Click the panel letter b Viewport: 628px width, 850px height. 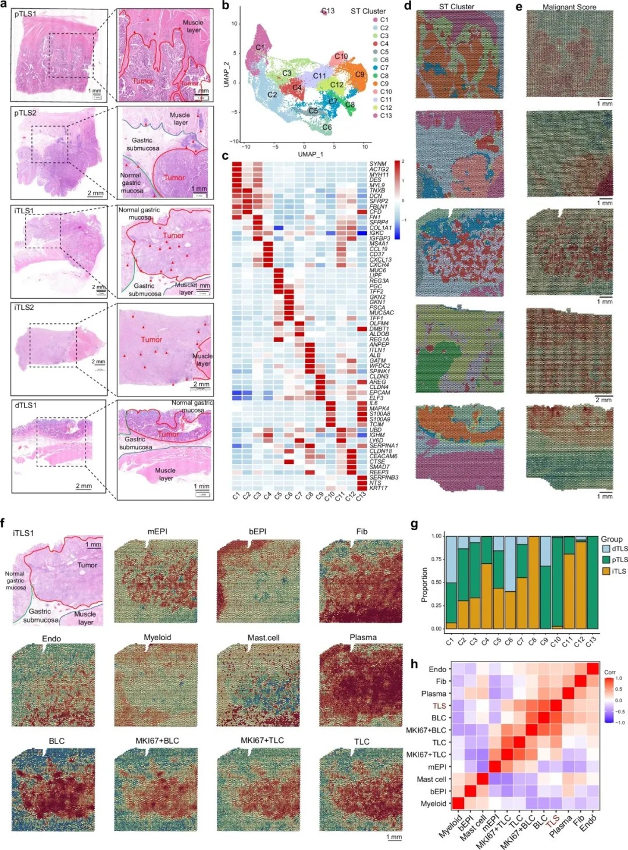click(x=226, y=6)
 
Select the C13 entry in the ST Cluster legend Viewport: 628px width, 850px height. click(x=386, y=116)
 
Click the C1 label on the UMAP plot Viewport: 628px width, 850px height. click(x=260, y=47)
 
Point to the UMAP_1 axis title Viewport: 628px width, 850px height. click(x=310, y=154)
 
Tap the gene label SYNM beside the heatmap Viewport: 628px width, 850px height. click(x=378, y=164)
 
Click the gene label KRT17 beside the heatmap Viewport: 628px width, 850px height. click(x=379, y=488)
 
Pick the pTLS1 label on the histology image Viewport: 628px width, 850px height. click(x=26, y=13)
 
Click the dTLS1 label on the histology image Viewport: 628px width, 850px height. click(x=26, y=405)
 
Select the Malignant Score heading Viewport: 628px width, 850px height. click(x=569, y=7)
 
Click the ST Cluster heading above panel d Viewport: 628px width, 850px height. click(x=456, y=7)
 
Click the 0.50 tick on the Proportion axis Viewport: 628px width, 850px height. click(x=436, y=582)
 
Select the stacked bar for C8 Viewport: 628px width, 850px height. click(x=533, y=582)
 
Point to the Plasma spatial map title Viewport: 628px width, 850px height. click(x=363, y=637)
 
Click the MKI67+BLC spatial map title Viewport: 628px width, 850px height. click(x=157, y=741)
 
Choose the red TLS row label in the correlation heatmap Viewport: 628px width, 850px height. click(x=439, y=706)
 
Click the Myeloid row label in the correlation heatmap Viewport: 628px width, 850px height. click(x=434, y=803)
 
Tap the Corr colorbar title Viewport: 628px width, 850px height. click(x=610, y=672)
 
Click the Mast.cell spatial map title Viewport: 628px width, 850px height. click(x=263, y=638)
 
